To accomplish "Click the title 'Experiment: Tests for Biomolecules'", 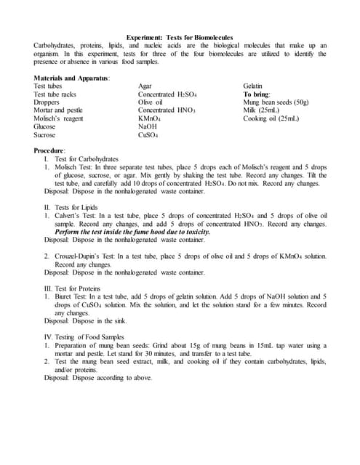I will [179, 37].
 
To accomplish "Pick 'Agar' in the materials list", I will [146, 86].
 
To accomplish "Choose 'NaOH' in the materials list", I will [148, 126].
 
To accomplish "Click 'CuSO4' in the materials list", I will [149, 134].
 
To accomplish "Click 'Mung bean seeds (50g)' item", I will [276, 102].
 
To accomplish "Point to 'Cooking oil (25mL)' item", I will [271, 118].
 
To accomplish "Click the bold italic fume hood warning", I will [129, 231].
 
